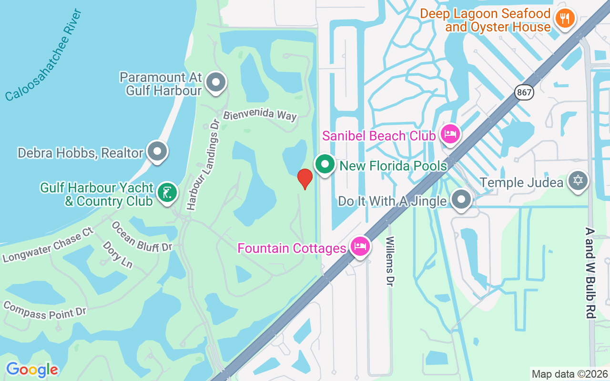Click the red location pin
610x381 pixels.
pos(305,179)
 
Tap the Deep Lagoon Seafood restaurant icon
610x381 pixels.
pos(565,19)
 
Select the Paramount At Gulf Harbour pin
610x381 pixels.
pos(216,82)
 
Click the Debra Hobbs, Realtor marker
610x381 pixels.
pos(157,152)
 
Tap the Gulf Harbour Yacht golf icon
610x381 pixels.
pos(167,193)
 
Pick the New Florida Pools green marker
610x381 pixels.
pos(325,165)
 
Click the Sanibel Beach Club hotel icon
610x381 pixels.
pos(449,134)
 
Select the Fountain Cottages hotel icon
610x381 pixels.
pos(360,247)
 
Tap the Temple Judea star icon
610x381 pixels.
pos(578,181)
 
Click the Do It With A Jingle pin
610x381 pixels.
pos(461,200)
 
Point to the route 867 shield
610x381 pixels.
pos(524,92)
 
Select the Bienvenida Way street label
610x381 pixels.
pos(260,115)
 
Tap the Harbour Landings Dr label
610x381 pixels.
pos(203,165)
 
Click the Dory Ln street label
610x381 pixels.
pos(117,254)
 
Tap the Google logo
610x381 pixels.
pos(32,370)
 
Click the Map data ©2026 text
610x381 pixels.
pos(569,374)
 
